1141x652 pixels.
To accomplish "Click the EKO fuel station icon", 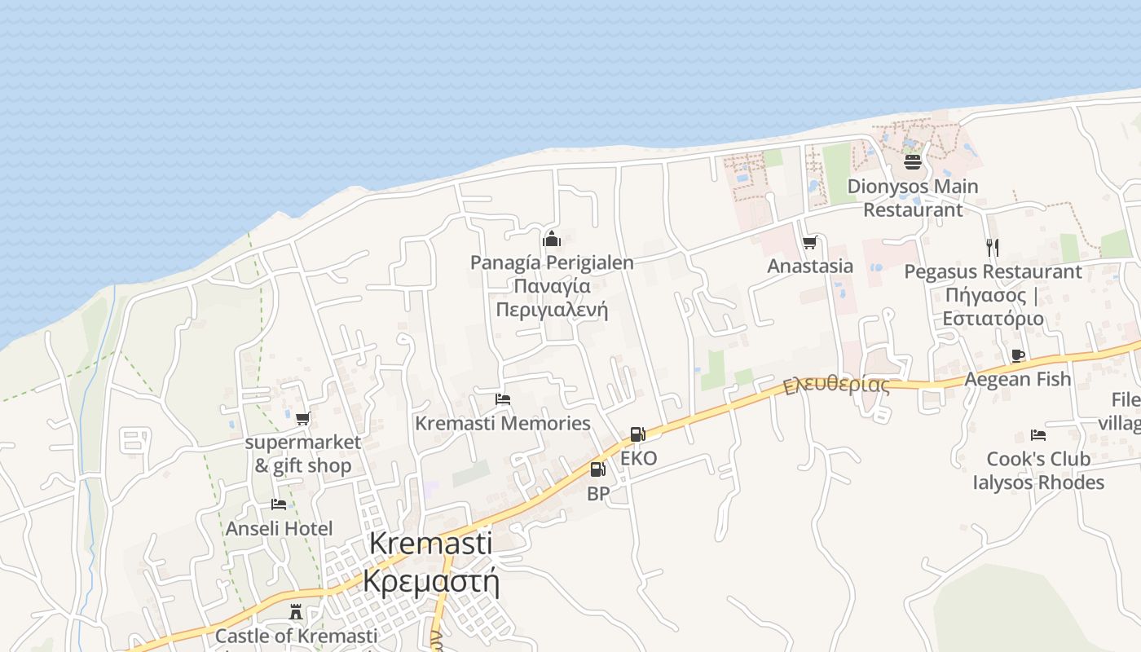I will (x=637, y=434).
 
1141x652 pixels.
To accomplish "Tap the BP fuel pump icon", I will (x=597, y=469).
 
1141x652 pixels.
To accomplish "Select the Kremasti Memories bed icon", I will (x=503, y=399).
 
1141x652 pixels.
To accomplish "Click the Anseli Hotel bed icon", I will (x=279, y=504).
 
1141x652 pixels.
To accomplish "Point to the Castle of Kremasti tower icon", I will (x=296, y=611).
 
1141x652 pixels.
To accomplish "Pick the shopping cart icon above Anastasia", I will (x=809, y=242).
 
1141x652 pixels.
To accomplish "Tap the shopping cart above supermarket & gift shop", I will (x=303, y=418).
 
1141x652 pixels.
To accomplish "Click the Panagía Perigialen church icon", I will (x=552, y=239).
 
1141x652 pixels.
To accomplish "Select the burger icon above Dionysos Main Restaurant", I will (x=912, y=162).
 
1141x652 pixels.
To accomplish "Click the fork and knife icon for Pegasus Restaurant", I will (x=992, y=247).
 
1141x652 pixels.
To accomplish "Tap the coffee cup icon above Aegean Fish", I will (x=1017, y=355).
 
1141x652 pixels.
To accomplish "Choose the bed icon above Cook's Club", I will (x=1037, y=435).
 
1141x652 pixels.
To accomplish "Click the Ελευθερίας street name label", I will (x=836, y=385).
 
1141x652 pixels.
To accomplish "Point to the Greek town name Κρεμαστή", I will (x=430, y=582).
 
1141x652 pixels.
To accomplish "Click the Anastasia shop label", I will (x=810, y=266).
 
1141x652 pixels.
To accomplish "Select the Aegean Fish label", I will (x=1017, y=379).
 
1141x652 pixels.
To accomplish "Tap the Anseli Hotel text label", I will (x=279, y=529).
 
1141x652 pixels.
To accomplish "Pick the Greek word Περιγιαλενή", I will (x=552, y=310).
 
